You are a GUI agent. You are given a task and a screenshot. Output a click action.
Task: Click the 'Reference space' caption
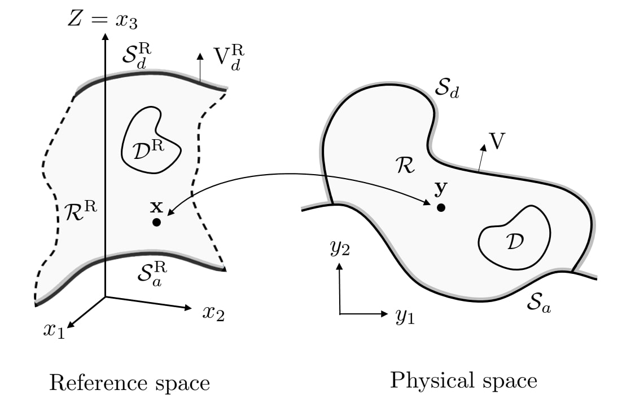click(129, 383)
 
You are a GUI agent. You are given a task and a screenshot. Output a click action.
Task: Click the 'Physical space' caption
click(463, 382)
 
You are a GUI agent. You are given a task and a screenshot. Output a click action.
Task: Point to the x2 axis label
click(213, 313)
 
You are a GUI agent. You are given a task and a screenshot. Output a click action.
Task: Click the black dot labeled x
click(156, 223)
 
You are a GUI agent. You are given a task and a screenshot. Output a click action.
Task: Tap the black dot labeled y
click(441, 207)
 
